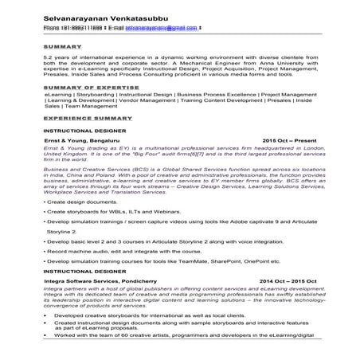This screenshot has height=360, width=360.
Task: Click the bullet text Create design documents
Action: (x=84, y=202)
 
